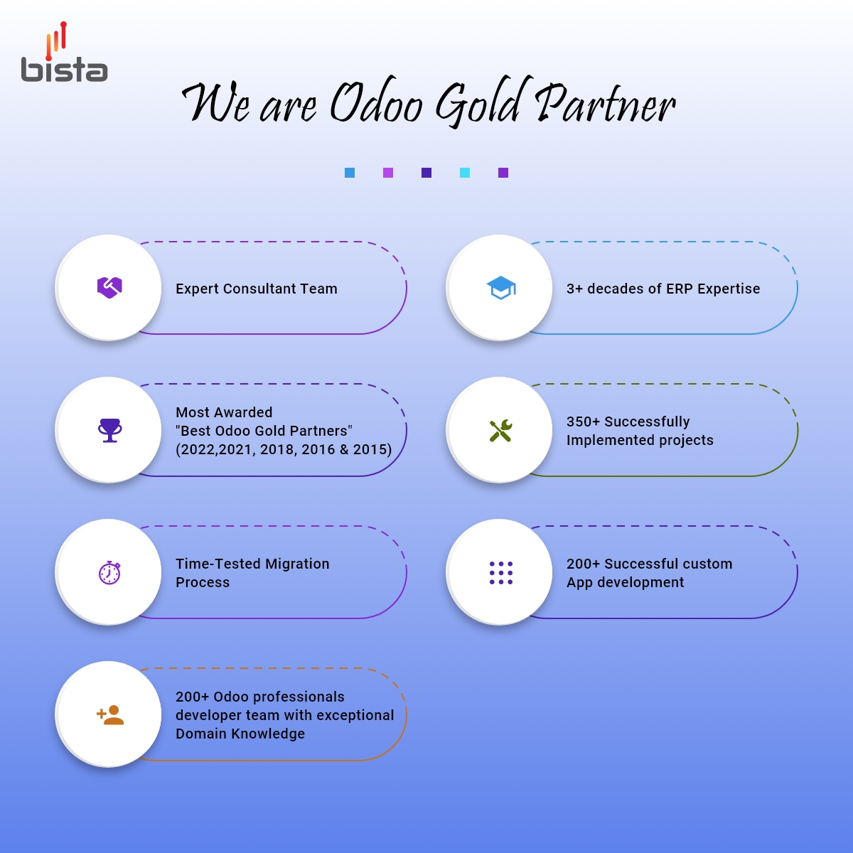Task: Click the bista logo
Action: coord(64,54)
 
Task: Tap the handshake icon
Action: coord(109,287)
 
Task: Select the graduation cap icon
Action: coord(501,287)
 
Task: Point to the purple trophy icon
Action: coord(109,430)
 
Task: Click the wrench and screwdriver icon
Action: coord(500,430)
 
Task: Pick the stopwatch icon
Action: coord(109,572)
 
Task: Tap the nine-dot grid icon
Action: coord(500,572)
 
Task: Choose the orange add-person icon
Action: coord(110,714)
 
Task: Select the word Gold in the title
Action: coord(480,103)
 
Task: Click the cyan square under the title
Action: coord(465,173)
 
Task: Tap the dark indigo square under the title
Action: coord(426,173)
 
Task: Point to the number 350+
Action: coord(583,422)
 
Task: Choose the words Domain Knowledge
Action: coord(240,734)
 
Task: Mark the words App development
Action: coord(625,582)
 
